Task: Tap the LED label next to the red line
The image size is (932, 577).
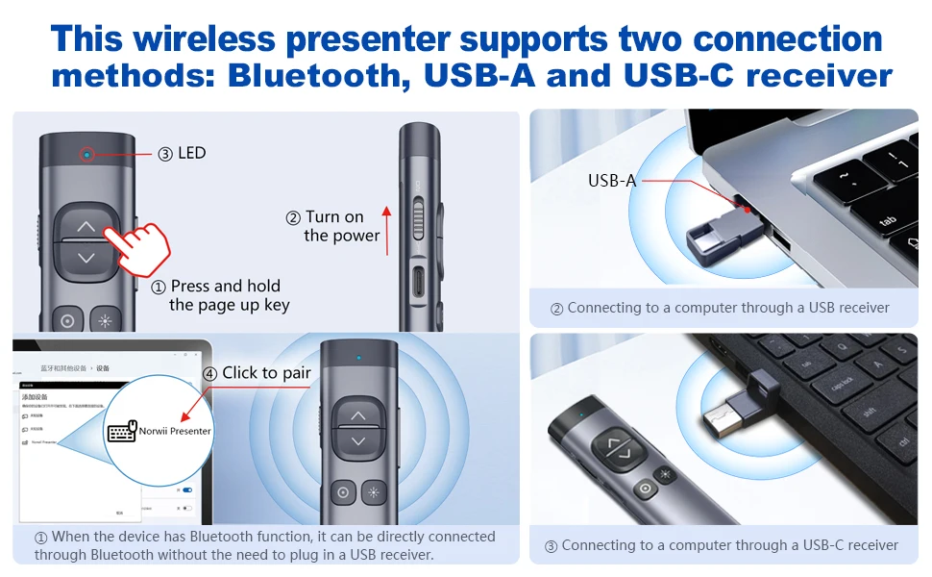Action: point(191,153)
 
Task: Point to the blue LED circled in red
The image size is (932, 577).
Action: point(86,154)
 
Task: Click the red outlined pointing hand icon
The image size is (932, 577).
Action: point(136,246)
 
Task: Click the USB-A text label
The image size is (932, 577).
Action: point(611,180)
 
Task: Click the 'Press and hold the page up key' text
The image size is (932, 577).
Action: point(228,295)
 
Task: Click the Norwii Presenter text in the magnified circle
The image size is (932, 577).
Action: point(175,431)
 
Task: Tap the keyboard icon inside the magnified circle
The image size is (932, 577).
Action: point(122,432)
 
